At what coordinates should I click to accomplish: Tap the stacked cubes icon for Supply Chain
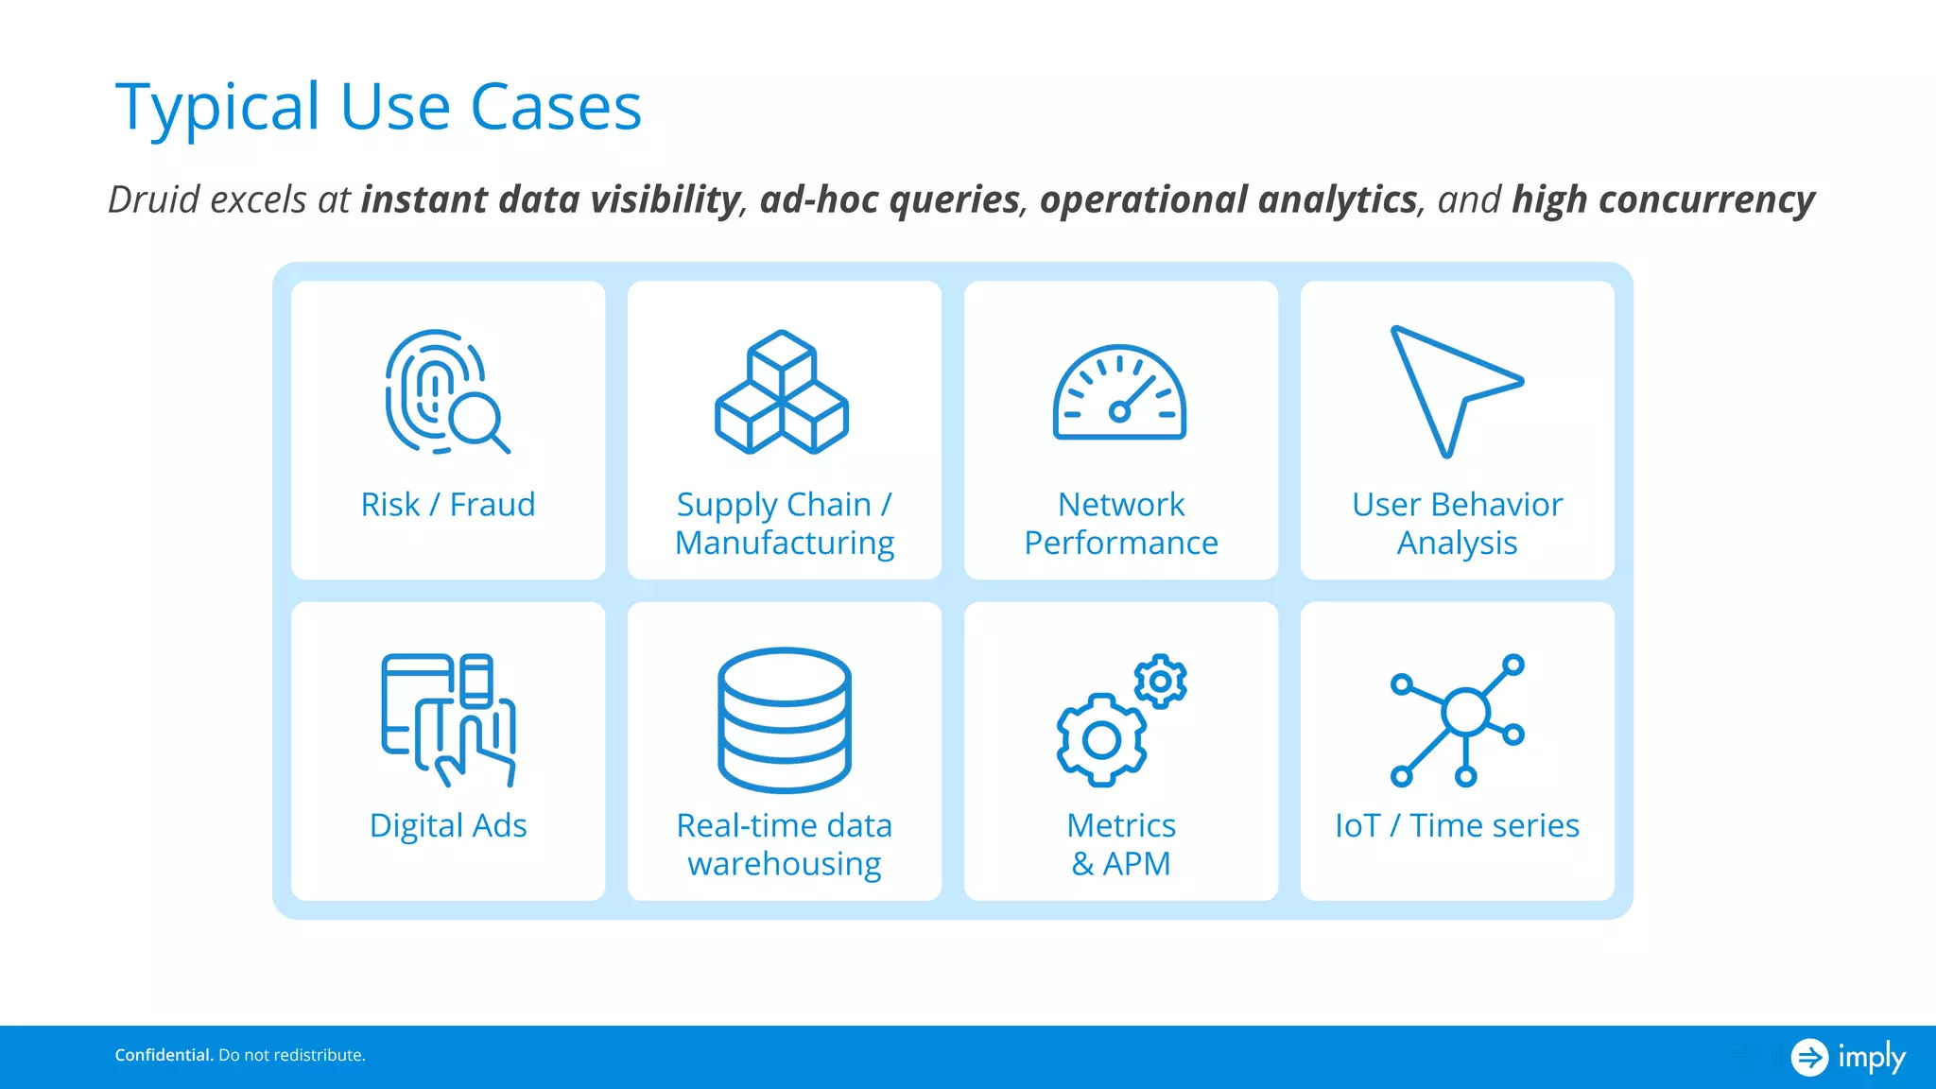[782, 392]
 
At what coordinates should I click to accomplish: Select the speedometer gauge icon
[1119, 393]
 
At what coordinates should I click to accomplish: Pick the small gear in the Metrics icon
[1161, 681]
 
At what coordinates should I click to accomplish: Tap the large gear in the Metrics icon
[1101, 740]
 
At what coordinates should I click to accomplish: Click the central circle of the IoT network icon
[1465, 712]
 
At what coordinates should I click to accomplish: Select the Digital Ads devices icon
[448, 718]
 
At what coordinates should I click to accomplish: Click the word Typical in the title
[217, 108]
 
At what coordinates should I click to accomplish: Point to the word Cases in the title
[556, 108]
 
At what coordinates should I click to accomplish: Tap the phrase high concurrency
[1663, 200]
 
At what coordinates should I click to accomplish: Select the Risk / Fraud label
[448, 505]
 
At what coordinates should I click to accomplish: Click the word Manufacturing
[785, 544]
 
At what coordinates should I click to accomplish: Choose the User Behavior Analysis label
[1457, 524]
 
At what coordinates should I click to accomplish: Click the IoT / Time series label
[1457, 826]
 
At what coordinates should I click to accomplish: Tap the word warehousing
[785, 864]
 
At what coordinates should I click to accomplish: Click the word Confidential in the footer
[163, 1055]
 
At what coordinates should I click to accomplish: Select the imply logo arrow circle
[1809, 1057]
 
